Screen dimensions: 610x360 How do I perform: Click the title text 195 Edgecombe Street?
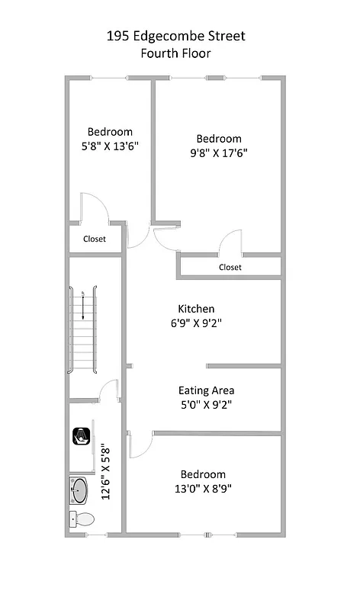[176, 36]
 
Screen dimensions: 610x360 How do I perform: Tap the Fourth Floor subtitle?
[176, 53]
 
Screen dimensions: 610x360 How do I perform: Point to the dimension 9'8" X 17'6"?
[219, 152]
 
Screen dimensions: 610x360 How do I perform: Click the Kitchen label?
[196, 309]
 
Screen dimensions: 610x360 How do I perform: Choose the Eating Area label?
[206, 390]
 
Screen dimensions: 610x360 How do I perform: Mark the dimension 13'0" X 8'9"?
[203, 488]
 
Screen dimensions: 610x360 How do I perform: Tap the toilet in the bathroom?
[82, 519]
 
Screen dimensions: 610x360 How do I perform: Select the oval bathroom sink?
[79, 491]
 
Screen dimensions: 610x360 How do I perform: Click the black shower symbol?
[81, 436]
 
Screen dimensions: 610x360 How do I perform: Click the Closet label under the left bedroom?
[95, 239]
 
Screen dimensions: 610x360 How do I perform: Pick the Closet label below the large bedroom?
[230, 267]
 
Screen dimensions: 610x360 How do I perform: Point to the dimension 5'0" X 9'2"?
[206, 404]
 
